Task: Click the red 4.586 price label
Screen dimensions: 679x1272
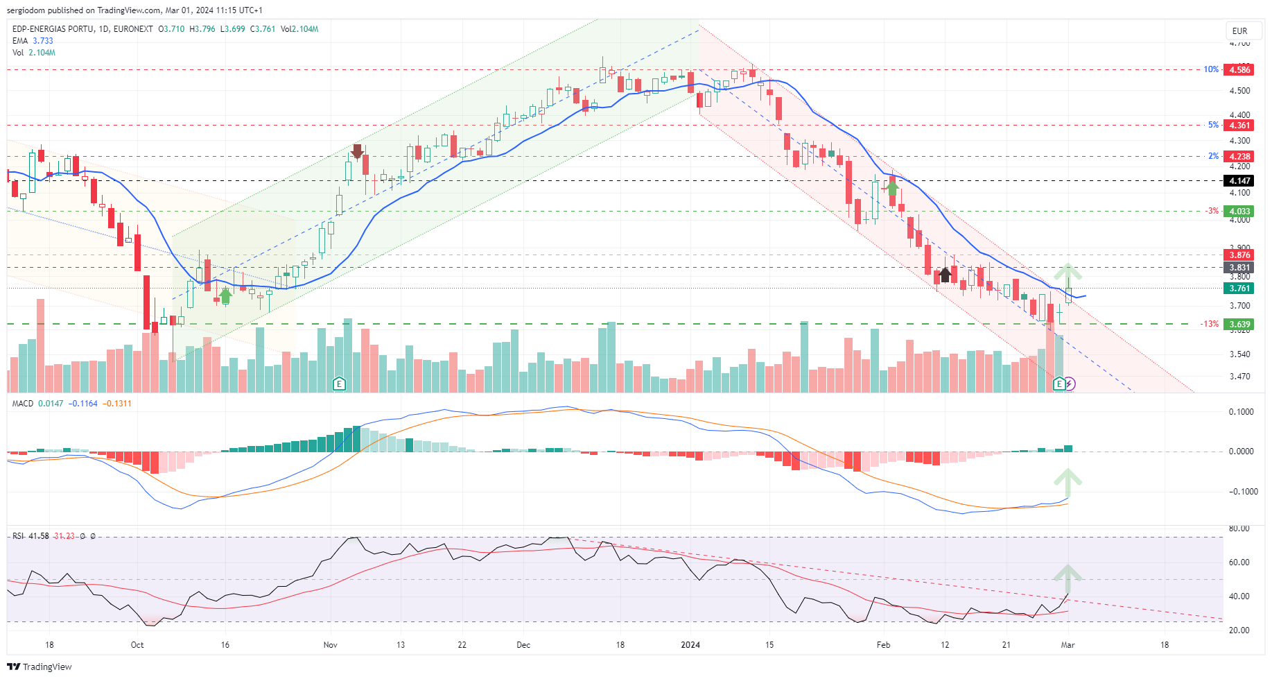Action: tap(1239, 69)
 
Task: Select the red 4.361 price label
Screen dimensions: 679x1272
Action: tap(1239, 126)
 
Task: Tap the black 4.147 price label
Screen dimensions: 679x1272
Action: tap(1239, 181)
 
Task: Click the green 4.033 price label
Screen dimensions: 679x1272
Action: tap(1239, 212)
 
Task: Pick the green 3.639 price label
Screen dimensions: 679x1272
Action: tap(1239, 324)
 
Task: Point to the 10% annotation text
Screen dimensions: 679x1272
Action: tap(1210, 69)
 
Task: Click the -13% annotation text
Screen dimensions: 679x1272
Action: tap(1210, 324)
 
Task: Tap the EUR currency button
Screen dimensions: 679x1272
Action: tap(1239, 31)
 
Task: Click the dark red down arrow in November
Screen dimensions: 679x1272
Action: tap(358, 151)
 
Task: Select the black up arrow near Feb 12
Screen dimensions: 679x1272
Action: tap(945, 275)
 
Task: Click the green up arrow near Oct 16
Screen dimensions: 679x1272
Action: tap(225, 296)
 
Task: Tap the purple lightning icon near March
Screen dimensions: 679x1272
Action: tap(1070, 384)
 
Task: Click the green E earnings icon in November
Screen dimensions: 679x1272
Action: tap(339, 384)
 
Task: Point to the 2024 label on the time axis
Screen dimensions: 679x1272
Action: tap(690, 645)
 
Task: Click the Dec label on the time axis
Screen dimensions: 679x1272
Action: tap(523, 645)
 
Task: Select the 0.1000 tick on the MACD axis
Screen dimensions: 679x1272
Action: tap(1241, 412)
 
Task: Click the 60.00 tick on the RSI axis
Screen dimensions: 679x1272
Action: tap(1239, 562)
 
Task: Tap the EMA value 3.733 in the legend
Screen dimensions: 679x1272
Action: tap(43, 41)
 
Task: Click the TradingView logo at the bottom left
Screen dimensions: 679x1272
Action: tap(40, 667)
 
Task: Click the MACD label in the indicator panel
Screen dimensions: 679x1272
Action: tap(23, 404)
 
